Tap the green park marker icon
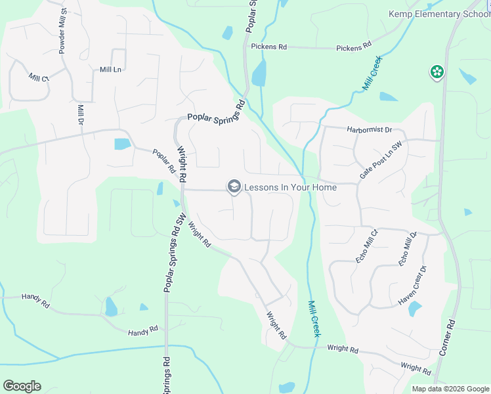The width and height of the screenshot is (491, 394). (437, 72)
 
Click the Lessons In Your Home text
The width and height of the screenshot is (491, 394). (290, 187)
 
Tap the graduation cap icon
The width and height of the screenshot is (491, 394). (233, 187)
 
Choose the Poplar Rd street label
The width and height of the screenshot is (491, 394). (163, 161)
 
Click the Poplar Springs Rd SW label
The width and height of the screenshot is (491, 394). (174, 261)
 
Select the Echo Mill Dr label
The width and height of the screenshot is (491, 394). (408, 249)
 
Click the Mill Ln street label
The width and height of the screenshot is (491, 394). (111, 69)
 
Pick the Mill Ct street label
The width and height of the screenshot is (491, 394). (39, 77)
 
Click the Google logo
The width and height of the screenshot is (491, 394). (22, 386)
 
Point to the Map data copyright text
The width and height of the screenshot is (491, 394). (450, 389)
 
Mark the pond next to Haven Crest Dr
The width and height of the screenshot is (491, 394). (416, 308)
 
